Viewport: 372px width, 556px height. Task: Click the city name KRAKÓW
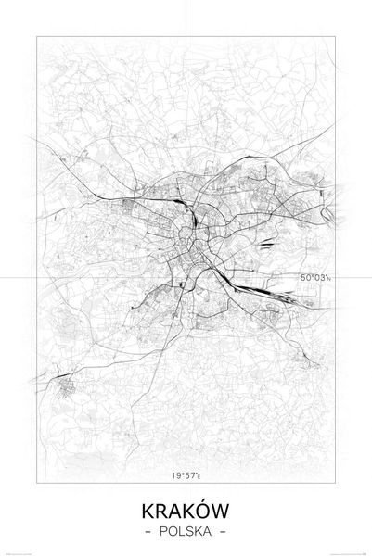coord(186,511)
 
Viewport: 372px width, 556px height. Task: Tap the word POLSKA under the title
coord(186,532)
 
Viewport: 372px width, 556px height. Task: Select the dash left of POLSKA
coord(150,532)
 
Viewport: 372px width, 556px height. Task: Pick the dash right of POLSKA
coord(222,532)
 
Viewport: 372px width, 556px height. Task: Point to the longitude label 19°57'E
coord(186,478)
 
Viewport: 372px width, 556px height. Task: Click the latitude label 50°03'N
coord(314,277)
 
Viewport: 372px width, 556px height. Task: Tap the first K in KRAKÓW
coord(149,511)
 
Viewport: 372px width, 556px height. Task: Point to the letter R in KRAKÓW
coord(162,511)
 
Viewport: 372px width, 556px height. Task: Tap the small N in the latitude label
coord(328,278)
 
